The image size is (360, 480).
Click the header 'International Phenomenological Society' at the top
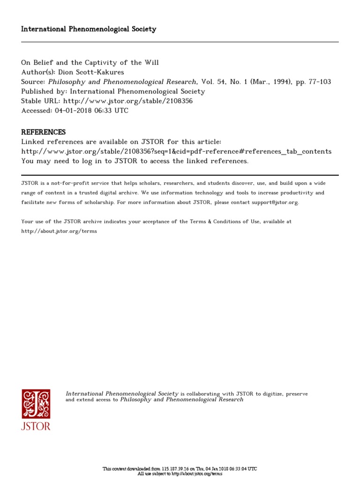(x=89, y=29)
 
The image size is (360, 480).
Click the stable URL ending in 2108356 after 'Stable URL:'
(x=128, y=101)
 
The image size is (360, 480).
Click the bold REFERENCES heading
(x=44, y=132)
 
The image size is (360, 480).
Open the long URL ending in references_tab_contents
(x=176, y=151)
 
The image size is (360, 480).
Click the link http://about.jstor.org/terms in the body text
(x=60, y=232)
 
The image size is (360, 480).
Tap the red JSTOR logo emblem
(x=36, y=404)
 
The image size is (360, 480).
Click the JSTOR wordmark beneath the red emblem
(x=36, y=426)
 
